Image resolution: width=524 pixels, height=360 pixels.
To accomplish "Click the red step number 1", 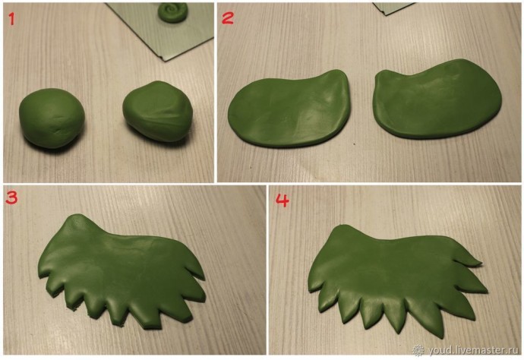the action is pyautogui.click(x=12, y=19).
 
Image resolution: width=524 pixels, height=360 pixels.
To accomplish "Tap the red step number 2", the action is pyautogui.click(x=227, y=17).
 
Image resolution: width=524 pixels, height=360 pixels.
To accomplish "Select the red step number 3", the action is pyautogui.click(x=11, y=197).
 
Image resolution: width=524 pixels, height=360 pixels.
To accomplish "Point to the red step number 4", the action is pyautogui.click(x=282, y=201).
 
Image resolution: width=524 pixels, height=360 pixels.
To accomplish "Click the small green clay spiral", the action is pyautogui.click(x=173, y=12).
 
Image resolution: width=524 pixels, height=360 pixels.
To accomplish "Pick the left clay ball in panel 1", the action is pyautogui.click(x=52, y=118).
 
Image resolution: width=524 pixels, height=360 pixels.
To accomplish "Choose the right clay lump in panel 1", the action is pyautogui.click(x=157, y=111).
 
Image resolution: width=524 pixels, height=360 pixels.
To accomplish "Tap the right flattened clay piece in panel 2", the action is pyautogui.click(x=437, y=99).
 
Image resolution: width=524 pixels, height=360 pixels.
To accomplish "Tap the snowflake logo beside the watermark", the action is pyautogui.click(x=418, y=350).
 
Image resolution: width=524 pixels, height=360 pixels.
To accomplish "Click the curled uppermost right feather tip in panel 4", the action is pyautogui.click(x=481, y=264).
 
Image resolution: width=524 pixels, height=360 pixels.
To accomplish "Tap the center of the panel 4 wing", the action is pyautogui.click(x=394, y=274).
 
